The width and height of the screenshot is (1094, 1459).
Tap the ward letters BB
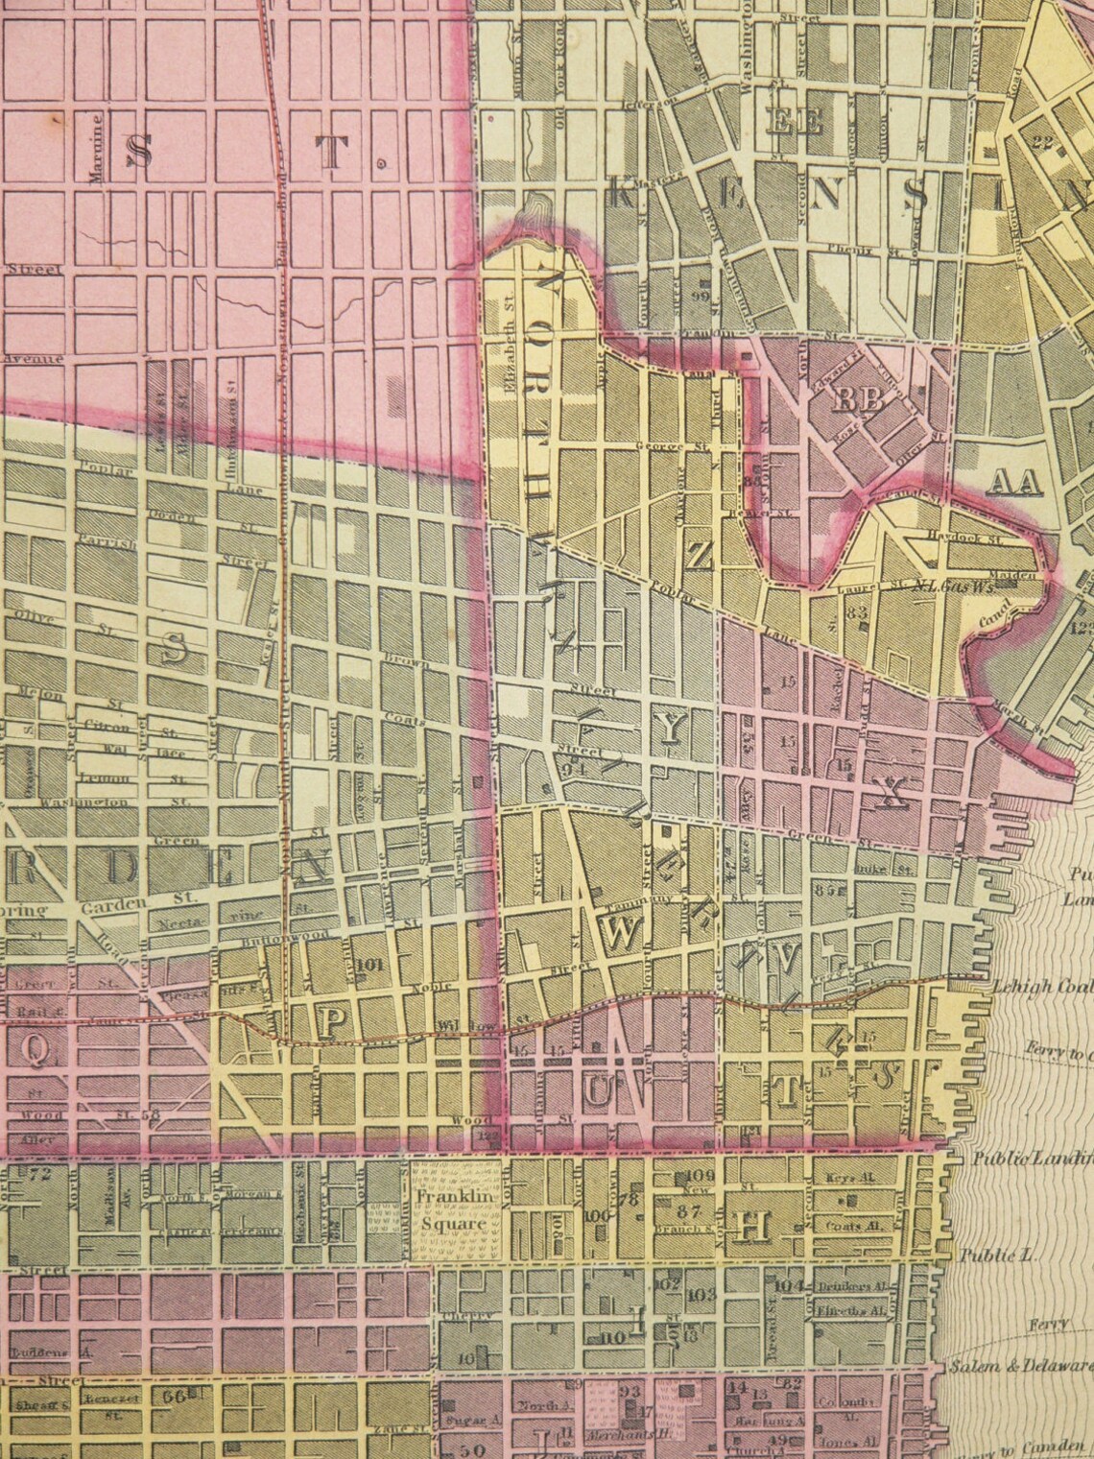point(858,400)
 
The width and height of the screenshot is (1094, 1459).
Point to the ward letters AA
point(1015,483)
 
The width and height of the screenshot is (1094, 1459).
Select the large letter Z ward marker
point(701,555)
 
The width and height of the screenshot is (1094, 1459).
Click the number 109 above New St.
point(702,1176)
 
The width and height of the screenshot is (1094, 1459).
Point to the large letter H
point(751,1225)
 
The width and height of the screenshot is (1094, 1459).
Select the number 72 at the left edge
point(40,1175)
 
